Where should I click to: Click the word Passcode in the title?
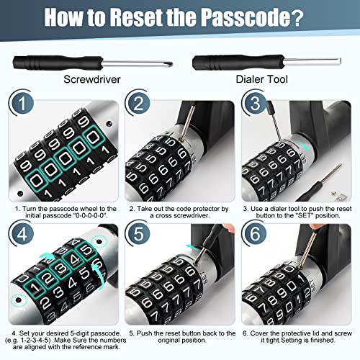click(244, 17)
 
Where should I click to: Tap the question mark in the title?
click(296, 17)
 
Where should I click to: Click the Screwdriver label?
click(92, 79)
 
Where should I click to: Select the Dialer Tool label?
click(261, 79)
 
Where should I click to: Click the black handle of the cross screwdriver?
click(58, 63)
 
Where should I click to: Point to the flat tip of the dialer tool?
click(339, 61)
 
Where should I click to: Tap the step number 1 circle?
click(22, 103)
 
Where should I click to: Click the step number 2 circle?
click(138, 103)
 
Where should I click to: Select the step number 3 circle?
click(255, 103)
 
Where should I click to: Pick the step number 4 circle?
click(22, 233)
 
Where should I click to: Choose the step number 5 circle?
click(138, 233)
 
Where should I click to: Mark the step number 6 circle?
click(255, 233)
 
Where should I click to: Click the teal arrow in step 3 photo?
click(303, 145)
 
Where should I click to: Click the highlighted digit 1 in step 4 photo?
click(35, 287)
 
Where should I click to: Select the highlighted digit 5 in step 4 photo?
click(87, 250)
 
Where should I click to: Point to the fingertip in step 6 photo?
click(313, 227)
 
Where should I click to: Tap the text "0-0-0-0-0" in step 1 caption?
click(89, 215)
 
